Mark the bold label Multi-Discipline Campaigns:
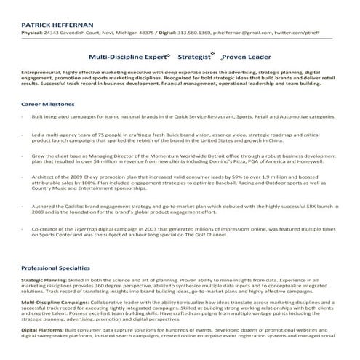[x=63, y=304]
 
